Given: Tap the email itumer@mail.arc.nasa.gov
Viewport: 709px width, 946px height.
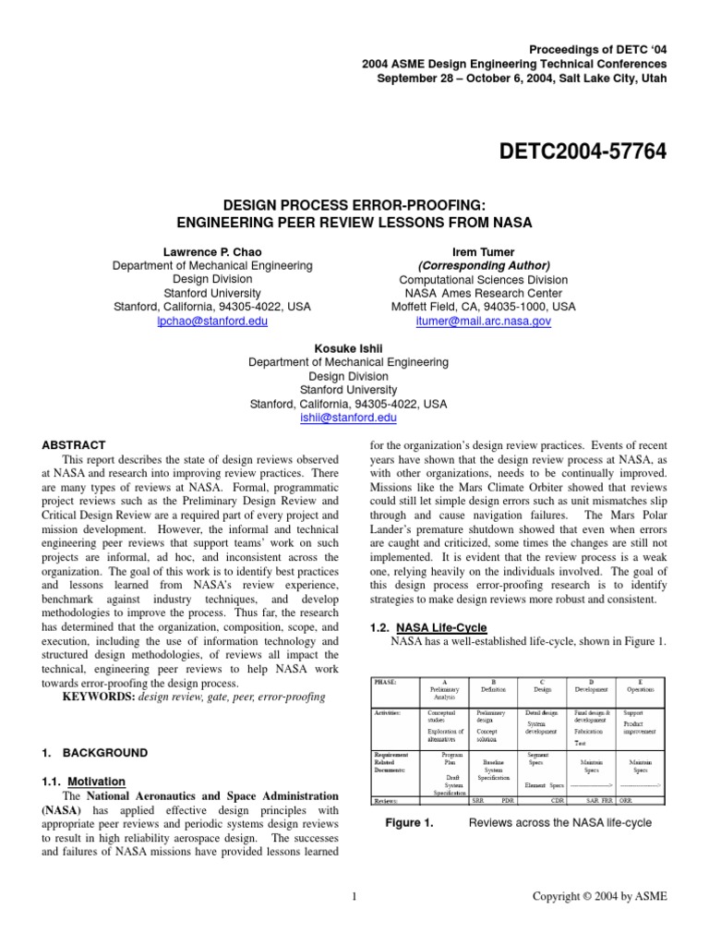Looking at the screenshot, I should (x=484, y=321).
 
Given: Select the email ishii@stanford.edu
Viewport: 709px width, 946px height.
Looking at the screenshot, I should (x=348, y=418).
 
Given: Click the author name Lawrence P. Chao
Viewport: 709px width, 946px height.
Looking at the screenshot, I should (x=211, y=251).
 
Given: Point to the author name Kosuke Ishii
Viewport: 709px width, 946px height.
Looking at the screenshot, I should (x=348, y=348).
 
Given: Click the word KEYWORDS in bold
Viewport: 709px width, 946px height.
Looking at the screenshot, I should (x=98, y=697).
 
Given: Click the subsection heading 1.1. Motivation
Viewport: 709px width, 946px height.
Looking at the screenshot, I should (x=82, y=781).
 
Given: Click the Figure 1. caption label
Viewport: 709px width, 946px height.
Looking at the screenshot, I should (x=409, y=822).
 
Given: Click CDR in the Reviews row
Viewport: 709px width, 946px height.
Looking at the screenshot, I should (x=557, y=800).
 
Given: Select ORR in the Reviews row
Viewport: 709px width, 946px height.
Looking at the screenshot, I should (x=625, y=800).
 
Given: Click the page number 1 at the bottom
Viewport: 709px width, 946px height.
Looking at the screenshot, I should (x=354, y=896).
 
